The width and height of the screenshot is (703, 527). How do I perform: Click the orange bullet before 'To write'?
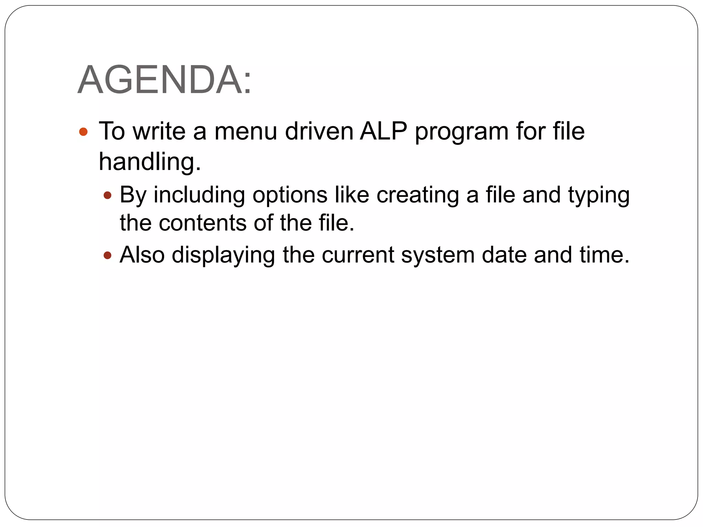coord(83,132)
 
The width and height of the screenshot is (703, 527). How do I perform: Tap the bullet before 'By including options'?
coord(108,196)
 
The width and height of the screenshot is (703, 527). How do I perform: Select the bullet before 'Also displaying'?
coord(108,255)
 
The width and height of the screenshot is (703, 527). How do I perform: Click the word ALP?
coord(383,131)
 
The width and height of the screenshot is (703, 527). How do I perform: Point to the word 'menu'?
coord(245,131)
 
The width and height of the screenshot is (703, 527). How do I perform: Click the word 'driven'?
coord(319,131)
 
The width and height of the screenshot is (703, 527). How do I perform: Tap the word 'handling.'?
coord(150,162)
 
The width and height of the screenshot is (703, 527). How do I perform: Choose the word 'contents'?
coord(203,223)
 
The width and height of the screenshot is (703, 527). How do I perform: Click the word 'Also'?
coord(142,255)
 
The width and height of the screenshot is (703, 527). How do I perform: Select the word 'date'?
coord(504,255)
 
